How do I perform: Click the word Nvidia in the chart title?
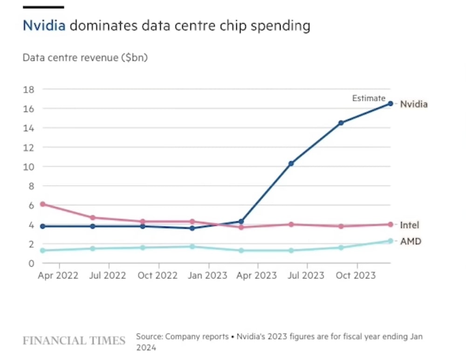(44, 25)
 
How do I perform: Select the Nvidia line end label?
(414, 104)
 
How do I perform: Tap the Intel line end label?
(410, 225)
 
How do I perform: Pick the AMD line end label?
(411, 242)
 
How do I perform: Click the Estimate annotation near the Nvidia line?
(369, 98)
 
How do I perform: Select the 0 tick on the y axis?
(31, 263)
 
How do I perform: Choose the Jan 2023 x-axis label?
(207, 276)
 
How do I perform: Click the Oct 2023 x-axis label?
(356, 276)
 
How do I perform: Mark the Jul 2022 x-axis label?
(108, 276)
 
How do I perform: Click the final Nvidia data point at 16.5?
(391, 104)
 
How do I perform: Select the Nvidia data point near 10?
(291, 164)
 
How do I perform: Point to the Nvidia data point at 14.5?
(341, 123)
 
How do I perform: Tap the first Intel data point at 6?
(42, 204)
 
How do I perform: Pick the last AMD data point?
(391, 241)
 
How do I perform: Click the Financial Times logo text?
(74, 340)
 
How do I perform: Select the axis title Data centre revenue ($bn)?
(85, 58)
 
